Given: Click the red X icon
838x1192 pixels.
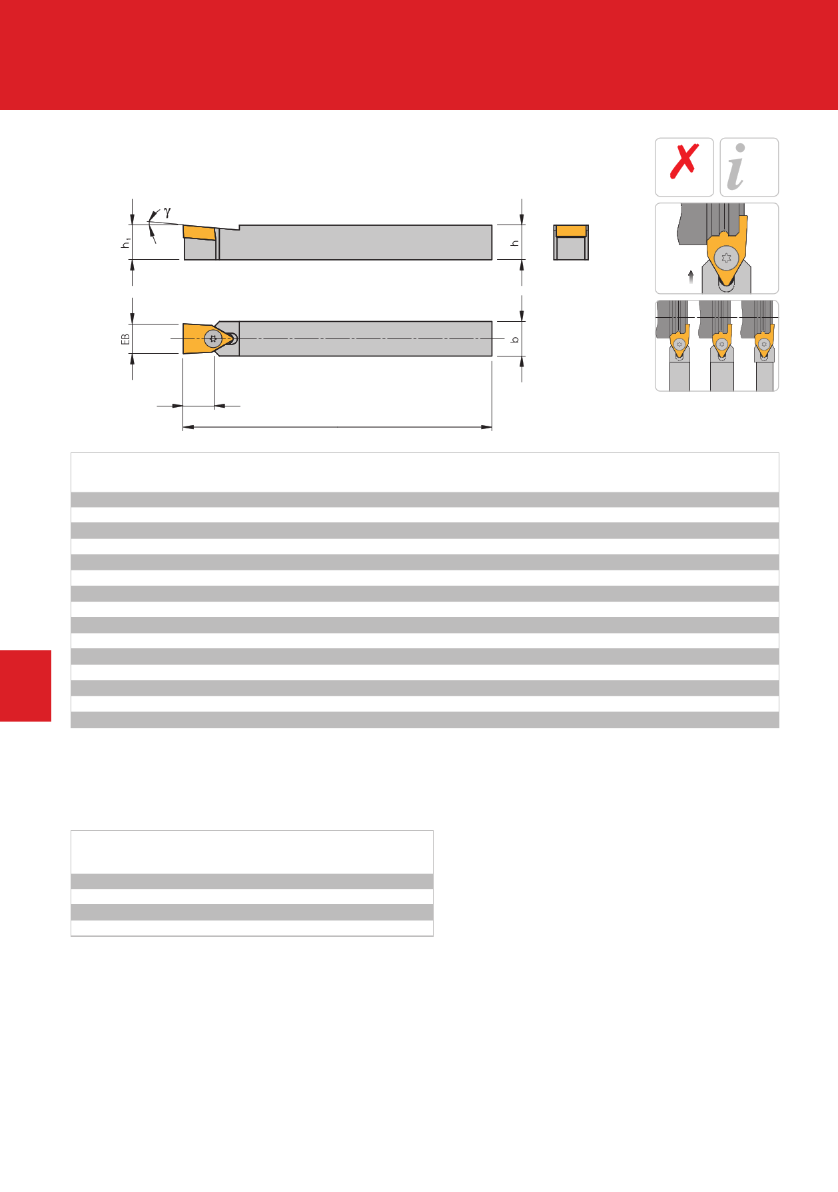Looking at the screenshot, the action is [684, 161].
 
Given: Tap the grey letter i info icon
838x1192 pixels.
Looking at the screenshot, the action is [737, 167].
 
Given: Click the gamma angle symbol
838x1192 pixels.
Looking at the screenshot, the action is [167, 212].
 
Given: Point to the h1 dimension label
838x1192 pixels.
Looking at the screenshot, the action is [125, 245].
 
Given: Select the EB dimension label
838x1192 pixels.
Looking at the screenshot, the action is [125, 339].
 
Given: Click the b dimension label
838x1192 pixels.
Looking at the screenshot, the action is [514, 340].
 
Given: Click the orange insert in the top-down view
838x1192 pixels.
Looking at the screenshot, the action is [199, 338].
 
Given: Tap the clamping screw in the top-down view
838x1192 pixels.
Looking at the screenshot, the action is [213, 338].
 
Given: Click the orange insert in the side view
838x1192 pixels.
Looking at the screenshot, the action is [199, 232].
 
